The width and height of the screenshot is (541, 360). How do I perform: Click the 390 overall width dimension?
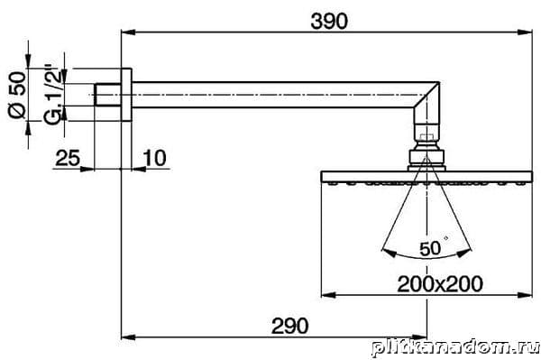point(329,22)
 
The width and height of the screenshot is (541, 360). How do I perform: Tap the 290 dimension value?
point(289,326)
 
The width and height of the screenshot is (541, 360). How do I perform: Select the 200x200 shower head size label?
point(440,284)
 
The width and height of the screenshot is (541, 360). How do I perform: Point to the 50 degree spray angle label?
point(430,248)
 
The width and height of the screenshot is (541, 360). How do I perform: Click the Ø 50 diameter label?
point(17,95)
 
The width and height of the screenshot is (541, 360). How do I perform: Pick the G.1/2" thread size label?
point(54,94)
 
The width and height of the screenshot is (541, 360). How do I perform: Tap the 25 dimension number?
point(68,158)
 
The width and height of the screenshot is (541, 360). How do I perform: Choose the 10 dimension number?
point(155,158)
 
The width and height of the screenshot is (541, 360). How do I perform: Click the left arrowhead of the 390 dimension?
point(128,32)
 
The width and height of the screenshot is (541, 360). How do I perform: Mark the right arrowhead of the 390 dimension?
point(526,32)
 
